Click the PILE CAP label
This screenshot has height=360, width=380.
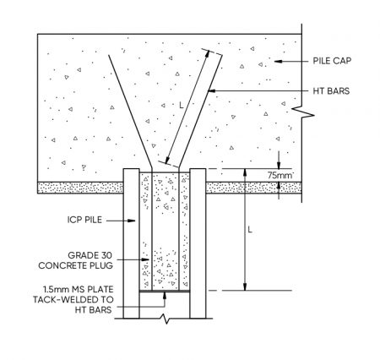click(x=332, y=61)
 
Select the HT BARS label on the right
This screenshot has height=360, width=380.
click(x=331, y=91)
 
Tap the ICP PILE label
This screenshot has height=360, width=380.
click(x=84, y=220)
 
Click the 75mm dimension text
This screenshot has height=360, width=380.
click(x=280, y=176)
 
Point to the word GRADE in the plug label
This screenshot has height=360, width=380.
click(x=80, y=255)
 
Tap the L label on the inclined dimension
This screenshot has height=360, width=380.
click(x=182, y=106)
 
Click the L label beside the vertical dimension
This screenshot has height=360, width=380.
click(x=250, y=230)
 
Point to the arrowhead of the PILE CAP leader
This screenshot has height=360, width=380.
click(x=278, y=61)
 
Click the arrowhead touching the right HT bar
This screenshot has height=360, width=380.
click(x=211, y=91)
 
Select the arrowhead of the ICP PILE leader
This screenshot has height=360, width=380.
click(x=132, y=221)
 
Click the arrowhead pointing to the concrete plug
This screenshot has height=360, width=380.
click(x=145, y=259)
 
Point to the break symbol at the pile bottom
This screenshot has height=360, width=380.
click(x=166, y=319)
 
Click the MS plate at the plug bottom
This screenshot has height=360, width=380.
click(x=165, y=291)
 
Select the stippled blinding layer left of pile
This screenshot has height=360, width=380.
click(x=80, y=188)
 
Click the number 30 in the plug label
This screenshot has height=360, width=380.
click(x=106, y=255)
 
